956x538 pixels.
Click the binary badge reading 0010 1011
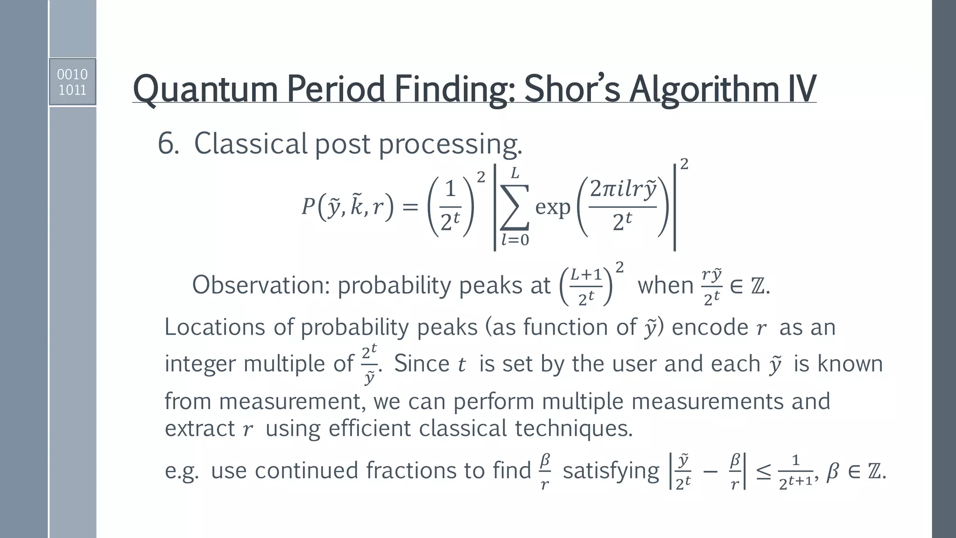[x=72, y=82]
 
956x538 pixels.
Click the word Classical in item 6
[x=250, y=143]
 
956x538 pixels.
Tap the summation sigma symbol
[x=514, y=206]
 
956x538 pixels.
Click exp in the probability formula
[x=553, y=207]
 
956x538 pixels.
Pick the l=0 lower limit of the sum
[x=515, y=240]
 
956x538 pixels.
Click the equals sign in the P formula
[x=410, y=207]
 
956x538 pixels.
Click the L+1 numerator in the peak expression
[x=586, y=275]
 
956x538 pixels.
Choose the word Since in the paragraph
[x=422, y=364]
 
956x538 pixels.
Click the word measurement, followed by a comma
[x=292, y=401]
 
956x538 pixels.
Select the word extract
[x=200, y=428]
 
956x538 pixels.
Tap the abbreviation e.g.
[x=182, y=471]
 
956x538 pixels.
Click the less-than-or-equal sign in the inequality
[x=763, y=472]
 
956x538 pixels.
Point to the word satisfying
[x=611, y=471]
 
